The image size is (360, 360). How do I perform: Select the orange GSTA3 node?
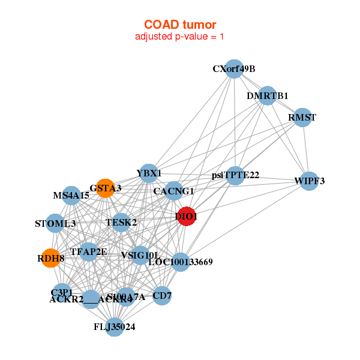point(105,188)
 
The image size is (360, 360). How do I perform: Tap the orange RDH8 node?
point(50,258)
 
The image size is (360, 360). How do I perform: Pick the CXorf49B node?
point(234,69)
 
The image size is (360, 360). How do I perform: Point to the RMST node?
point(302,118)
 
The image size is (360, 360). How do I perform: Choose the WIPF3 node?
point(309,181)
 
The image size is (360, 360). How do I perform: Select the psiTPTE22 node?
point(236,176)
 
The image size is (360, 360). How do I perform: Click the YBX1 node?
point(149,174)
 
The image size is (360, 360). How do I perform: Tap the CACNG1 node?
point(174,191)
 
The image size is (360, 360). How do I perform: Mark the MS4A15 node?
point(71,196)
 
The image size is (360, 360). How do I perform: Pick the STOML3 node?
point(55,224)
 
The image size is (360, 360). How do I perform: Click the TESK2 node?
point(121,223)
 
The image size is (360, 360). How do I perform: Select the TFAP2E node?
point(89,252)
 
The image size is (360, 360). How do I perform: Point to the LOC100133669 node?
point(181,262)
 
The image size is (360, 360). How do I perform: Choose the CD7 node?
point(162,295)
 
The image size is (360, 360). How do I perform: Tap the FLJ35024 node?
point(115,327)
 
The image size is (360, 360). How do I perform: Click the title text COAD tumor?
point(180,25)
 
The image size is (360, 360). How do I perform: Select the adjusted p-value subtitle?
point(180,37)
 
